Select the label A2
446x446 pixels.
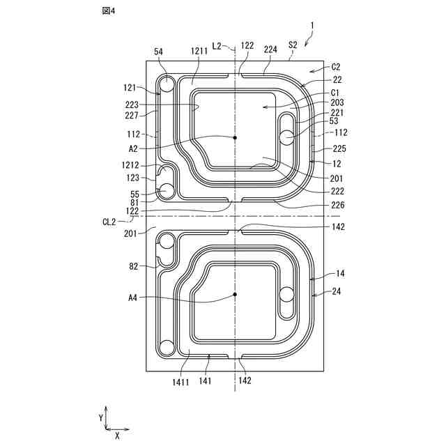point(134,148)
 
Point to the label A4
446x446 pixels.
point(134,298)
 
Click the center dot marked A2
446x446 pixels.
point(236,138)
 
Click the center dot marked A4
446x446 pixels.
point(236,295)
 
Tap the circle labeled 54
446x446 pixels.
point(167,84)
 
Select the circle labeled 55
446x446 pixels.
point(167,190)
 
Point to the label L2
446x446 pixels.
point(217,45)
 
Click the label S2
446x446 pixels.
point(293,45)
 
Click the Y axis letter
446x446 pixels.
point(101,417)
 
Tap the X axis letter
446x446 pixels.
point(116,435)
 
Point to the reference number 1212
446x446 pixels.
point(130,166)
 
